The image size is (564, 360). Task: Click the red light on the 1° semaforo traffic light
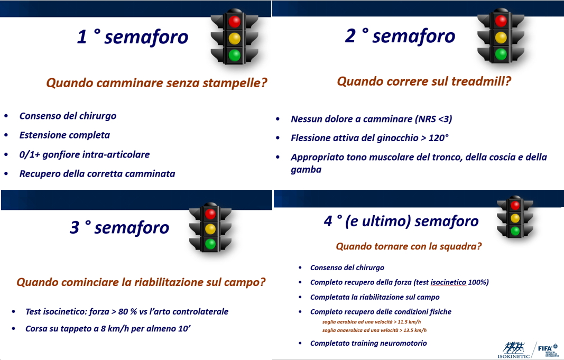click(235, 21)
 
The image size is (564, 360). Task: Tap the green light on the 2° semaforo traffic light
click(501, 54)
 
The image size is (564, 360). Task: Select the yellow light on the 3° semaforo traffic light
click(210, 229)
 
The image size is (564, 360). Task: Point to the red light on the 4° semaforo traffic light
click(515, 205)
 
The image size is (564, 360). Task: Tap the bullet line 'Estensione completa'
click(64, 135)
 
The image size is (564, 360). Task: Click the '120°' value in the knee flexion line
click(439, 138)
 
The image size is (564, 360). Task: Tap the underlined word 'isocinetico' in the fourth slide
click(448, 282)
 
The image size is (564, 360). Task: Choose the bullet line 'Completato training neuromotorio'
click(368, 344)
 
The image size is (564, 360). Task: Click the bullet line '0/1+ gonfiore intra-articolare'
click(85, 155)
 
